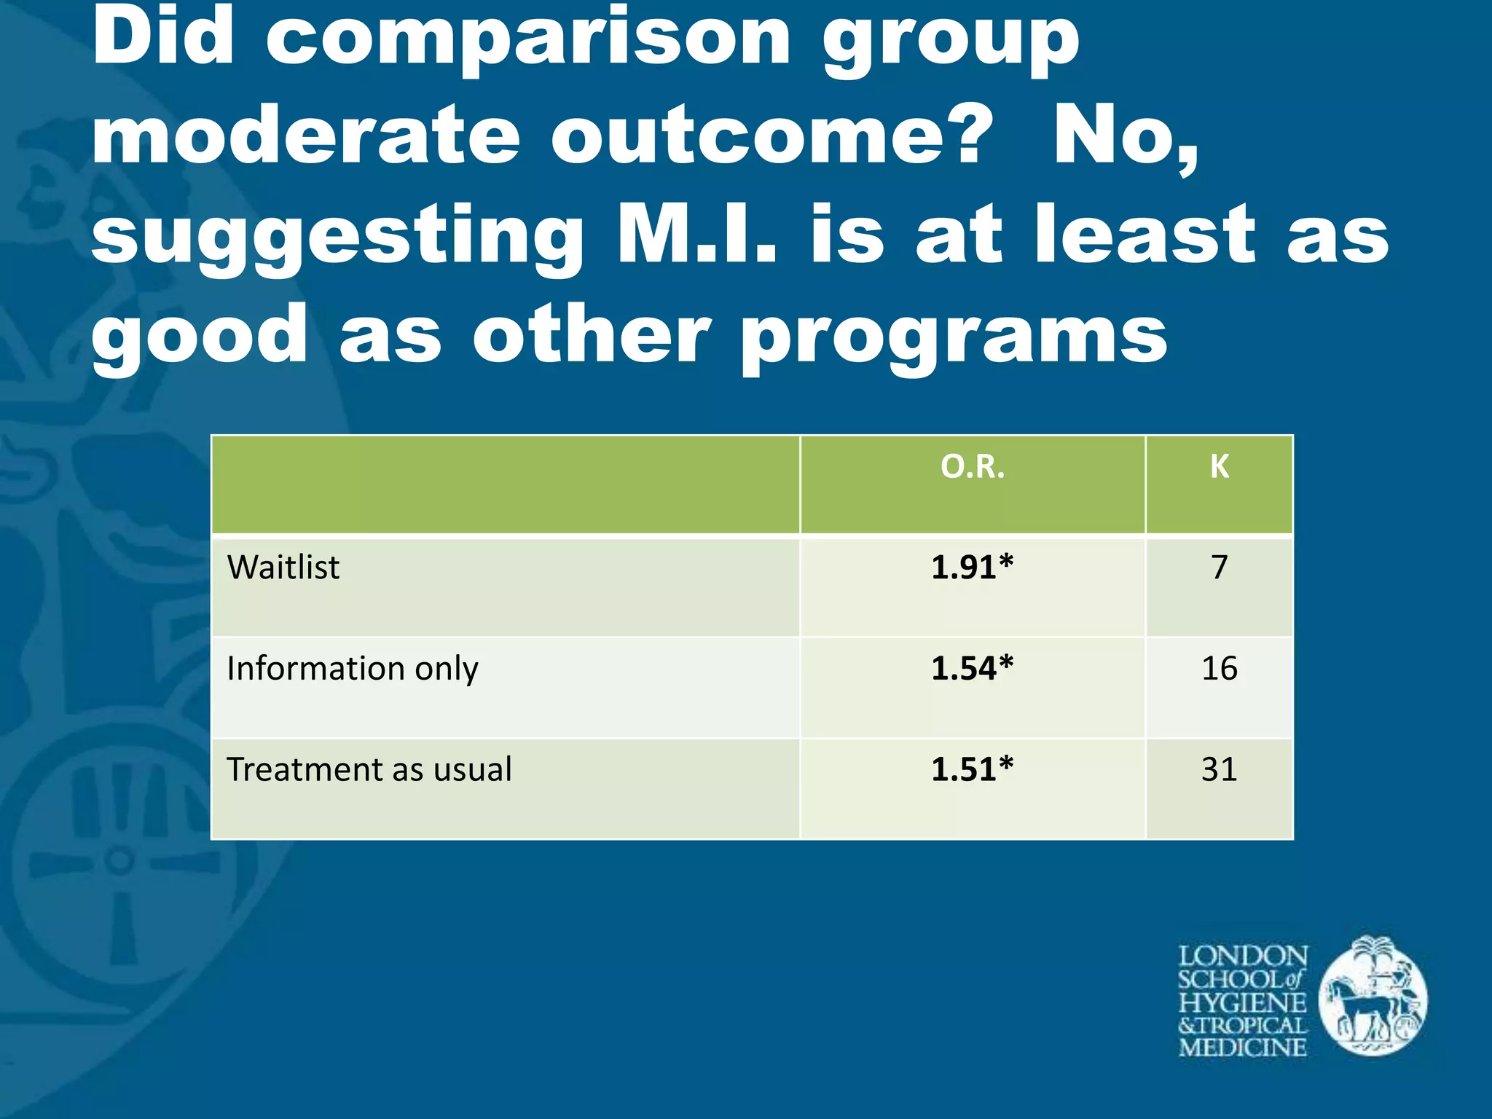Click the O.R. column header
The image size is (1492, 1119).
click(972, 467)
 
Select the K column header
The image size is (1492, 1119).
click(1219, 467)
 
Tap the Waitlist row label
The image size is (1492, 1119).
click(283, 568)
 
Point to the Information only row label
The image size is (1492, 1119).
click(353, 669)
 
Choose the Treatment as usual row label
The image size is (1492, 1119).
click(369, 770)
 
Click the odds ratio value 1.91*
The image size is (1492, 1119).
click(972, 568)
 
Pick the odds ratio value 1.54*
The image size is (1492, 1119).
click(972, 669)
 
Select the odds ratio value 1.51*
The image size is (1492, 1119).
click(972, 770)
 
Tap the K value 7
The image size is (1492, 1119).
click(1219, 568)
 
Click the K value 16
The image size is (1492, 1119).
click(1219, 669)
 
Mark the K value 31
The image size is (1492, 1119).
click(1219, 770)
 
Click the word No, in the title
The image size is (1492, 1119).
click(1126, 138)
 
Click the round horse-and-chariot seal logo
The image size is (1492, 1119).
click(1373, 997)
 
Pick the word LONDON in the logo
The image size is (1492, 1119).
click(1243, 956)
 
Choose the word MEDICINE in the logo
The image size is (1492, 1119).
click(1243, 1048)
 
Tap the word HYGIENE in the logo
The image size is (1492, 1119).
click(1243, 1002)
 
